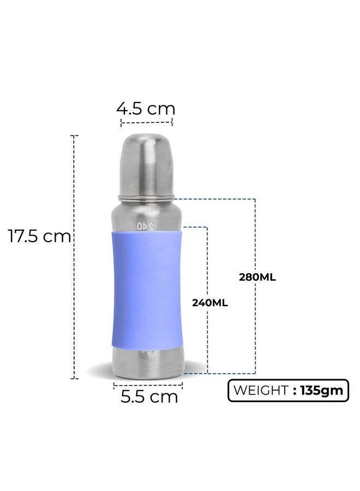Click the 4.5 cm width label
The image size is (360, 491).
tap(146, 108)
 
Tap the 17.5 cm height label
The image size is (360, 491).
tap(39, 237)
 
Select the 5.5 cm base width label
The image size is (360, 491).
tap(149, 397)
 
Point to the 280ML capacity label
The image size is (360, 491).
tap(257, 277)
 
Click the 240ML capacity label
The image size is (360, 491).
tap(209, 303)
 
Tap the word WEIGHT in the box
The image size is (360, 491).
tap(261, 390)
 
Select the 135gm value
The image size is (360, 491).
tap(322, 390)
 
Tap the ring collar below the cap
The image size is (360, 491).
tap(146, 196)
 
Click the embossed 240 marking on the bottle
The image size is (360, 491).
tap(146, 225)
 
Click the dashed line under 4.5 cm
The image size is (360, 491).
tap(146, 123)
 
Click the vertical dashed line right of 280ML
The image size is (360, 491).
tap(255, 327)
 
